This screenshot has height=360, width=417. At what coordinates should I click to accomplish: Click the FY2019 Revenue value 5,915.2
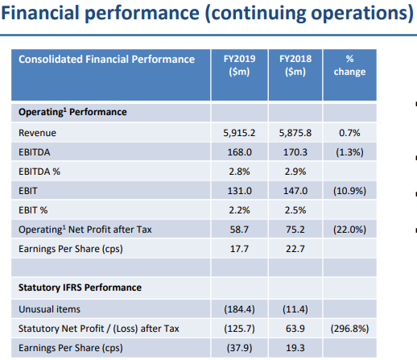click(239, 133)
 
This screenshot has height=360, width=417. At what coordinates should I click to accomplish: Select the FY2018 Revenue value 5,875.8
click(295, 133)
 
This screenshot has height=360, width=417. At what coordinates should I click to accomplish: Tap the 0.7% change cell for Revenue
click(349, 133)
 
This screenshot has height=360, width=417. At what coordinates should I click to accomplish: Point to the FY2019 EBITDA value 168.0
click(239, 152)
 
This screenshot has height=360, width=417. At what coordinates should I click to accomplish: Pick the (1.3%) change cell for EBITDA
click(349, 152)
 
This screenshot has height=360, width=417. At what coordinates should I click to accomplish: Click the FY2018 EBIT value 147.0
click(295, 191)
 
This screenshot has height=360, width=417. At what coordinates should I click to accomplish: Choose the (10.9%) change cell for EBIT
click(349, 191)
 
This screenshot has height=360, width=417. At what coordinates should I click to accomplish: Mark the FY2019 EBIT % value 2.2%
click(239, 210)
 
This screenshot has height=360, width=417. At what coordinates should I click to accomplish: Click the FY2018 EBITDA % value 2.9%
click(295, 172)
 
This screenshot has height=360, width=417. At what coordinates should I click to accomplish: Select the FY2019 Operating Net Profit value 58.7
click(239, 230)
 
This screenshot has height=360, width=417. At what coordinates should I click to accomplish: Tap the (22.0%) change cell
click(349, 230)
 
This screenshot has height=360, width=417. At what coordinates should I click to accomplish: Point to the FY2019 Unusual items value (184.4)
click(239, 309)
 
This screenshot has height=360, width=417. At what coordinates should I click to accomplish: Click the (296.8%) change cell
click(349, 329)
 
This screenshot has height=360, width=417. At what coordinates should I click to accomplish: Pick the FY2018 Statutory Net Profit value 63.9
click(295, 329)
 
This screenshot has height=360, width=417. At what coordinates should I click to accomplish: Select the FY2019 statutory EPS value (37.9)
click(239, 348)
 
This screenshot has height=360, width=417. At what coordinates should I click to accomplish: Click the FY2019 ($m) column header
click(239, 65)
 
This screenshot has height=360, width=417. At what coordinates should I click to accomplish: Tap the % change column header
click(349, 65)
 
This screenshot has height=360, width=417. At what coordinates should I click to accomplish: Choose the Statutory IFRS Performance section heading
click(80, 288)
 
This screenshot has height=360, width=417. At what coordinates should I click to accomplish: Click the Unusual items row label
click(49, 309)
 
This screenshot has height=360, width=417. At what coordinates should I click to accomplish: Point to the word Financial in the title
click(40, 13)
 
